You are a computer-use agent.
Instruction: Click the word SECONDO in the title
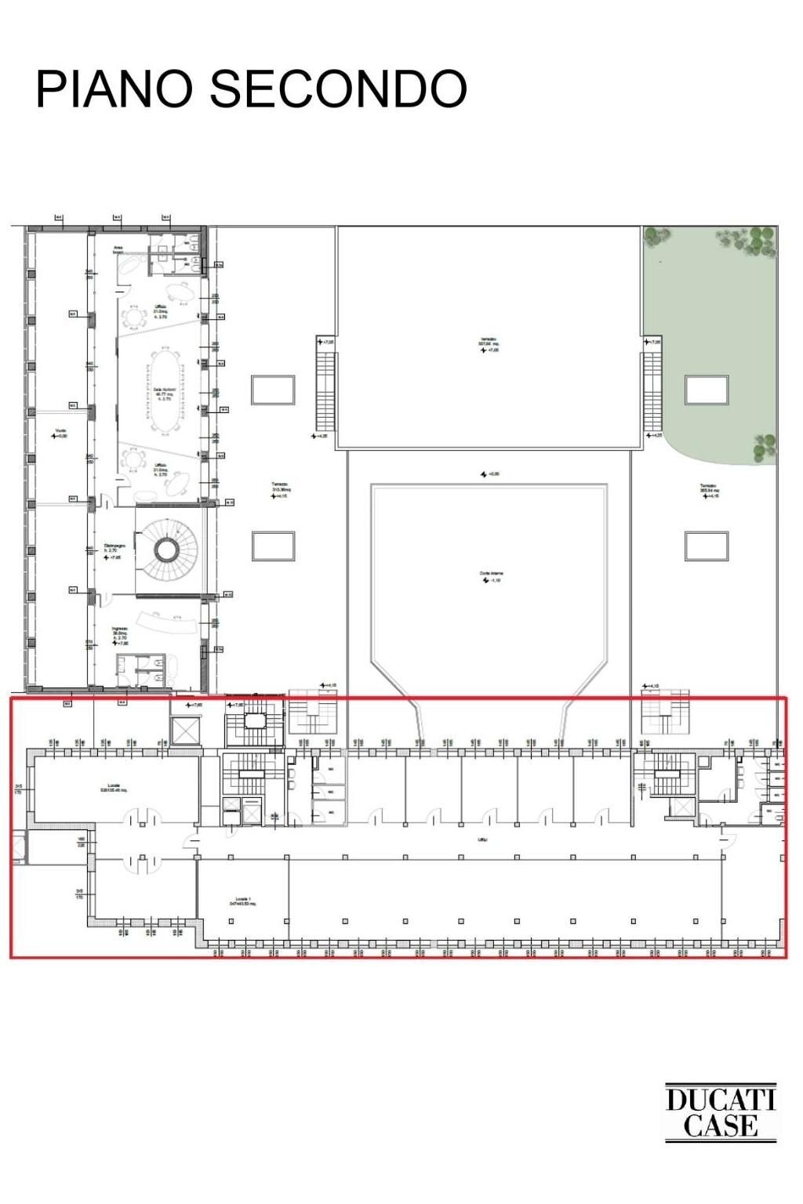click(338, 89)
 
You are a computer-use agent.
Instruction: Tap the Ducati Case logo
click(720, 1112)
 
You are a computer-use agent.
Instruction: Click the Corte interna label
click(490, 575)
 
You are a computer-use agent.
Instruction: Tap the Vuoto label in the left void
click(60, 430)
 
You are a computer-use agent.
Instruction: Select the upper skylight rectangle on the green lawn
click(706, 390)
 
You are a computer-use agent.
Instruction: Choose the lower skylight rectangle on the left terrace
click(273, 546)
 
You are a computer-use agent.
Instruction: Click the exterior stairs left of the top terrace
click(325, 389)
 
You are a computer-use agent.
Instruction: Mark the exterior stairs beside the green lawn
click(652, 390)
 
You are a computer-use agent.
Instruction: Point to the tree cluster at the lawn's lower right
click(765, 448)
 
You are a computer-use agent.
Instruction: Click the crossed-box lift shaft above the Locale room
click(186, 730)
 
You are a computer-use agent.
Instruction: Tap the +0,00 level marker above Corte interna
click(490, 474)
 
